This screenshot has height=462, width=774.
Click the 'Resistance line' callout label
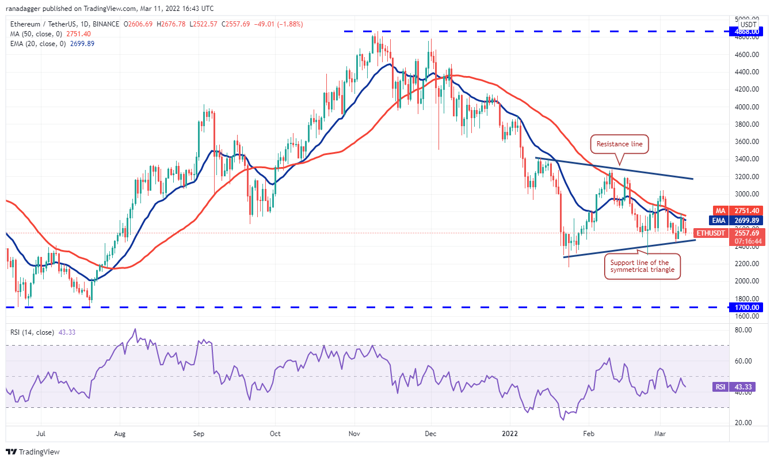(619, 144)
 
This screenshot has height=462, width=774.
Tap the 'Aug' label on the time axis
(119, 434)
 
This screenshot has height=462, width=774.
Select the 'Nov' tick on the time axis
(354, 434)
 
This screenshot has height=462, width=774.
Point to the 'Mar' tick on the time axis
(659, 434)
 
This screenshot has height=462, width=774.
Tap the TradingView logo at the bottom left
(33, 452)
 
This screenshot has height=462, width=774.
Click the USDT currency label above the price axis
(748, 24)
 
